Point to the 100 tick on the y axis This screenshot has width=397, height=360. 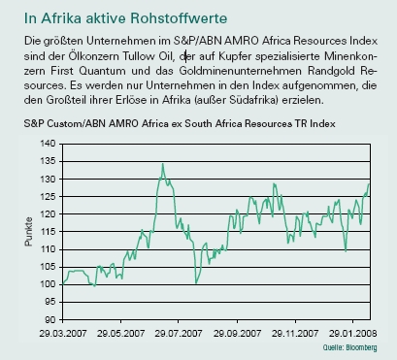tap(46, 283)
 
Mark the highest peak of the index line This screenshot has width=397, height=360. tap(162, 164)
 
